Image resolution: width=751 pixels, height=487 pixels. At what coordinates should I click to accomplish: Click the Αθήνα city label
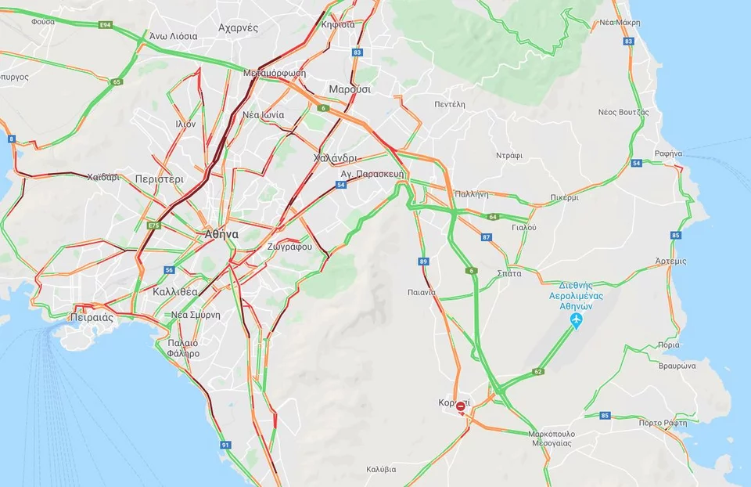coord(221,234)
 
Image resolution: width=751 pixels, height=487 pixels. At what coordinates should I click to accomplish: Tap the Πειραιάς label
coord(92,318)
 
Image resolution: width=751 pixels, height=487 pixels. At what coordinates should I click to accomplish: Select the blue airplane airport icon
coord(577,322)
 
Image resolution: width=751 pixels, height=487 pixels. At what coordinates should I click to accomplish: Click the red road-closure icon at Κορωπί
coord(462,406)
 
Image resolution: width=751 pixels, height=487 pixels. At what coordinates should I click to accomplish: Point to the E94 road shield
coord(106,26)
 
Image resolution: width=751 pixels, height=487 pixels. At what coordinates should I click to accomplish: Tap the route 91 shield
coord(226,445)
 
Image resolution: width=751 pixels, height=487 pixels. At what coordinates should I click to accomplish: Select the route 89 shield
coord(424,262)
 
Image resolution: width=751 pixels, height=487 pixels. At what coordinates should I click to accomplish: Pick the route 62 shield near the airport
coord(538,371)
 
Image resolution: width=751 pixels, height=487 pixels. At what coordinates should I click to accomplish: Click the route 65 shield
coord(117,81)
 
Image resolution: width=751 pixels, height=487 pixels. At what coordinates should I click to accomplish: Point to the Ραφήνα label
coord(669,153)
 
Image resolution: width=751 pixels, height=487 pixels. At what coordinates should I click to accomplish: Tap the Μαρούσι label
coord(350,89)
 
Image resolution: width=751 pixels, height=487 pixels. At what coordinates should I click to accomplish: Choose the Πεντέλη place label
coord(450,103)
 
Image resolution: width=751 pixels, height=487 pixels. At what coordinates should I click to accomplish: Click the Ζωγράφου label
coord(290,247)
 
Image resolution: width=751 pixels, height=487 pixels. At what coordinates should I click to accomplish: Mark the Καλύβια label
coord(381,470)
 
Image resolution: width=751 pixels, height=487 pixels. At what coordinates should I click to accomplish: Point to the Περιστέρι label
coord(159,179)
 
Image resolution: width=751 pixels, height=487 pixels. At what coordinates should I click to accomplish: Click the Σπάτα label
coord(509,273)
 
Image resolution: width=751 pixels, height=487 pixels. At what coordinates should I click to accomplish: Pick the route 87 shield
coord(487,236)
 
